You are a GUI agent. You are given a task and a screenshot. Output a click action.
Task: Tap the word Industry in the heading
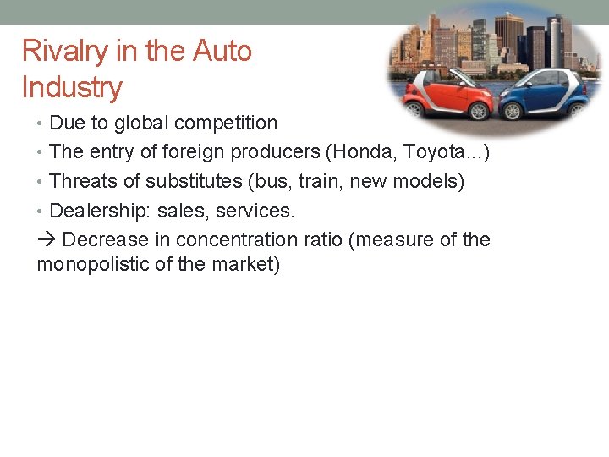point(72,87)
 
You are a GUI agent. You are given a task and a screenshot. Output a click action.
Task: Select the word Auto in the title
point(222,52)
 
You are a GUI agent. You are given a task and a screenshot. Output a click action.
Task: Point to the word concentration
point(234,240)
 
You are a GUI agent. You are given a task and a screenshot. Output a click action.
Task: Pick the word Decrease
point(101,240)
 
